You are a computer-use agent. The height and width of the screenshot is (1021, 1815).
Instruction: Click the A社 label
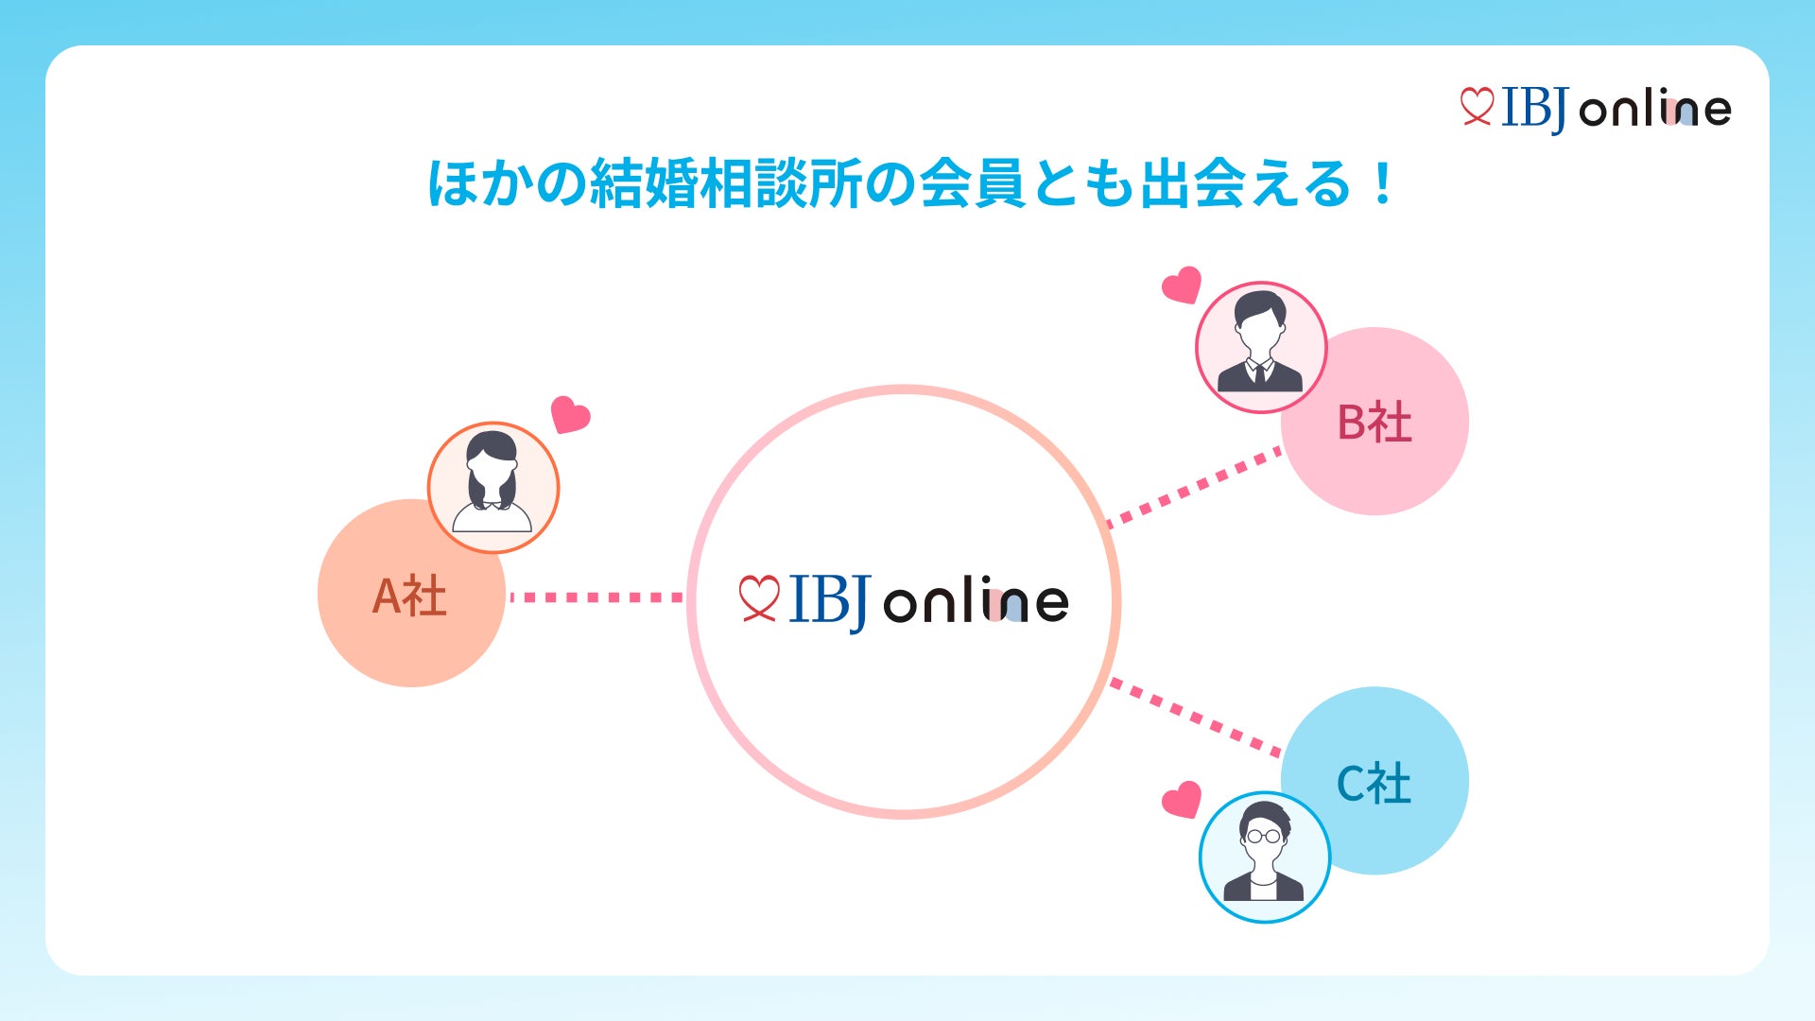point(409,597)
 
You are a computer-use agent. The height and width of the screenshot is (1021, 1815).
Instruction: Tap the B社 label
point(1374,423)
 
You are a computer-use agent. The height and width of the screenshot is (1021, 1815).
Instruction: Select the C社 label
point(1374,784)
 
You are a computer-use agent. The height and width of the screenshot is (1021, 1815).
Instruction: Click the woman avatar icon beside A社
point(493,487)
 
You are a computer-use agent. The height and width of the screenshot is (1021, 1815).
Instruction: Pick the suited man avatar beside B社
point(1261,347)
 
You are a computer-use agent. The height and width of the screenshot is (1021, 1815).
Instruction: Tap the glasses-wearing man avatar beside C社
point(1264,857)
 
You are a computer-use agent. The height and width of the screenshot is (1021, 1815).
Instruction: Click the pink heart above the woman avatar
point(570,414)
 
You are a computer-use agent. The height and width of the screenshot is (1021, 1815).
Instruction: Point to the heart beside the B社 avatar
point(1182,285)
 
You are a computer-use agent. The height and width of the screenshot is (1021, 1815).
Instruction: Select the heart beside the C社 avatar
point(1182,800)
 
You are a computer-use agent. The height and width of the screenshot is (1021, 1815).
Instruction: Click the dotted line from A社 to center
point(596,597)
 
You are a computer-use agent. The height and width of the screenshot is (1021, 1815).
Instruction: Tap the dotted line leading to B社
point(1196,487)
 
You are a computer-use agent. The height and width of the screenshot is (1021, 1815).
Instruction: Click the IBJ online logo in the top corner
point(1596,109)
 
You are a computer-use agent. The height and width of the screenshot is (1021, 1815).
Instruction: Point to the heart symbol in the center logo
point(758,598)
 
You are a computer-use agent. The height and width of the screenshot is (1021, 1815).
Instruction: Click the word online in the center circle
point(976,601)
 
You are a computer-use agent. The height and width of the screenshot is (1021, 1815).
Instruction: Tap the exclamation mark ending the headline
point(1383,183)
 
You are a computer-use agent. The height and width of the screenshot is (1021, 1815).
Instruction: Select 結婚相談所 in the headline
point(725,183)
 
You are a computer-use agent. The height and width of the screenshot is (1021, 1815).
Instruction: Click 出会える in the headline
point(1246,183)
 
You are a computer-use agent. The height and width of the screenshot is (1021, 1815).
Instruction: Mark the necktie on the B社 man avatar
point(1259,373)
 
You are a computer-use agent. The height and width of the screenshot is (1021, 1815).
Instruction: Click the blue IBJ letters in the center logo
point(828,601)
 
